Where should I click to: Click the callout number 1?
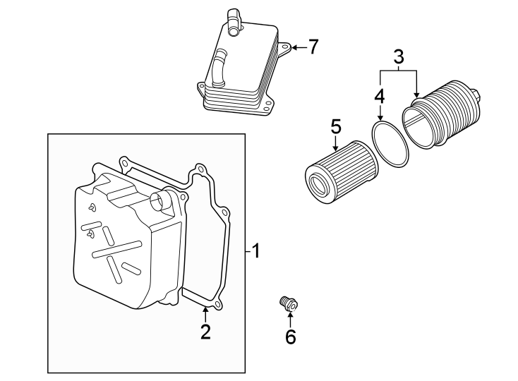tap(256, 250)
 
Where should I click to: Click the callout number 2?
tap(205, 331)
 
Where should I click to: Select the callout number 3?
tap(399, 56)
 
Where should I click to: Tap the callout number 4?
tap(380, 95)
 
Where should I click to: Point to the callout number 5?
tap(336, 127)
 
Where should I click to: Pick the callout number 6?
tap(290, 337)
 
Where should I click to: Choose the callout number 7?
tap(313, 47)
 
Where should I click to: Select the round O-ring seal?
tap(390, 143)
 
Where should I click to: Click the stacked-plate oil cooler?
tap(240, 71)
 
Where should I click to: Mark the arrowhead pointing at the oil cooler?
tap(294, 47)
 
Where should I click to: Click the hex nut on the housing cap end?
tap(480, 95)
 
